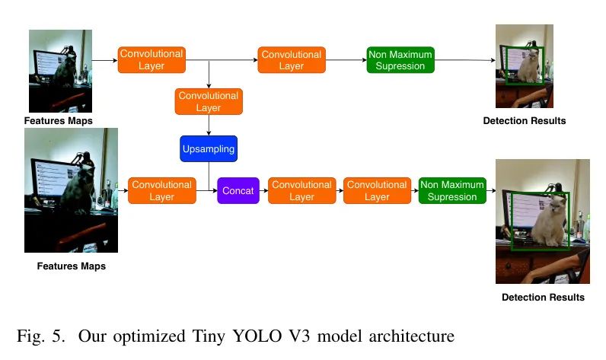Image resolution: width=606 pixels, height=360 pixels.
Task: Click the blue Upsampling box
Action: point(209,148)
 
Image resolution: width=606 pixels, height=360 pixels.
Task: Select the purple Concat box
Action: point(238,190)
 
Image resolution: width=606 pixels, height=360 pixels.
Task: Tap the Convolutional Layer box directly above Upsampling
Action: point(209,101)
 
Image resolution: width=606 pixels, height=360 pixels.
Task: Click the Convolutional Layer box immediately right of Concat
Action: point(301,190)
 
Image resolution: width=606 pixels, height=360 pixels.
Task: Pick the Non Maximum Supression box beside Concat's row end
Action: point(452,190)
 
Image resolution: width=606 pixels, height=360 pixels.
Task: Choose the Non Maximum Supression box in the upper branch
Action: point(400,60)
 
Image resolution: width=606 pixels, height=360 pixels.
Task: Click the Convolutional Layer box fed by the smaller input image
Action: point(151,60)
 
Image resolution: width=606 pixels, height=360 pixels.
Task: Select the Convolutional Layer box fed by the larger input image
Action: point(162,190)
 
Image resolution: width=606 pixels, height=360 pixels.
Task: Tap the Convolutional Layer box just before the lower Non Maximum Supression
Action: point(377,190)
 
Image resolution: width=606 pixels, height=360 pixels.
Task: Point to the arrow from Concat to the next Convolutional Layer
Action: point(263,190)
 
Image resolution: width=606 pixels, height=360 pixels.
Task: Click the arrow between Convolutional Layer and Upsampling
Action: point(209,125)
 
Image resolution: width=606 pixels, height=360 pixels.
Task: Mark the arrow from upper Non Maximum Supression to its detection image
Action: point(465,60)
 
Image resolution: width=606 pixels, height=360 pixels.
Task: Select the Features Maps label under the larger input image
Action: point(72,266)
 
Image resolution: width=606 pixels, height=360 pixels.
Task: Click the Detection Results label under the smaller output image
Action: point(525,121)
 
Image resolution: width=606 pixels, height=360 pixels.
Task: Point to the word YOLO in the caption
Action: point(257,336)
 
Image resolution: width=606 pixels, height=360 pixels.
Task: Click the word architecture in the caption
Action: point(412,336)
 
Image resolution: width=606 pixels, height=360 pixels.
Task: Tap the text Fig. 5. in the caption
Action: point(41,336)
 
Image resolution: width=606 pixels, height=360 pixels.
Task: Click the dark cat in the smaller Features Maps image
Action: point(64,69)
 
